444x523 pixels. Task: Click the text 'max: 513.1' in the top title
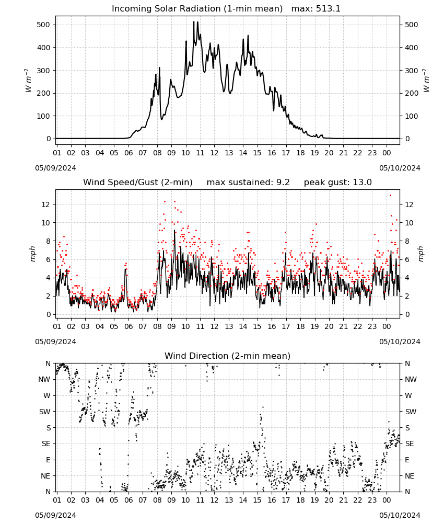click(316, 9)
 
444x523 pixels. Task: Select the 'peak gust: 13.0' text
click(338, 183)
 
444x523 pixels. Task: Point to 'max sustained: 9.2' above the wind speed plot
click(248, 183)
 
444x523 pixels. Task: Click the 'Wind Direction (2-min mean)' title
click(228, 356)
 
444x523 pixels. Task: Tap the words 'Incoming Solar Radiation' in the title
click(166, 9)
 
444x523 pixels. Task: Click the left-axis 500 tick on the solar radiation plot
click(43, 25)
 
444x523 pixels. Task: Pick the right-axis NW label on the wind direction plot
click(411, 380)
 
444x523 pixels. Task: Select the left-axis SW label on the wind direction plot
click(44, 412)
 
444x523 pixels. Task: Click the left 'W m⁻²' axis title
click(28, 81)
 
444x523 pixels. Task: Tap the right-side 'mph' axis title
click(420, 254)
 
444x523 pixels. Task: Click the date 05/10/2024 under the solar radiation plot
click(400, 168)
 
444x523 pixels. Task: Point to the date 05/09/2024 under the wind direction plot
click(55, 515)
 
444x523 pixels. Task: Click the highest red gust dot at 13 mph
click(390, 195)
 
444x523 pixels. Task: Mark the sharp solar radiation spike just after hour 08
click(159, 67)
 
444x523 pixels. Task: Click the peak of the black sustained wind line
click(174, 230)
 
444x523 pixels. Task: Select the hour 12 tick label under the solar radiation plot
click(214, 153)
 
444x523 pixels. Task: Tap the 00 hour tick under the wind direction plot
click(387, 500)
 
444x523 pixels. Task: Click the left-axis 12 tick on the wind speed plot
click(46, 204)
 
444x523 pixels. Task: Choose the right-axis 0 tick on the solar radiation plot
click(407, 139)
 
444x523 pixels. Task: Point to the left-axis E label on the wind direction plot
click(48, 460)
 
